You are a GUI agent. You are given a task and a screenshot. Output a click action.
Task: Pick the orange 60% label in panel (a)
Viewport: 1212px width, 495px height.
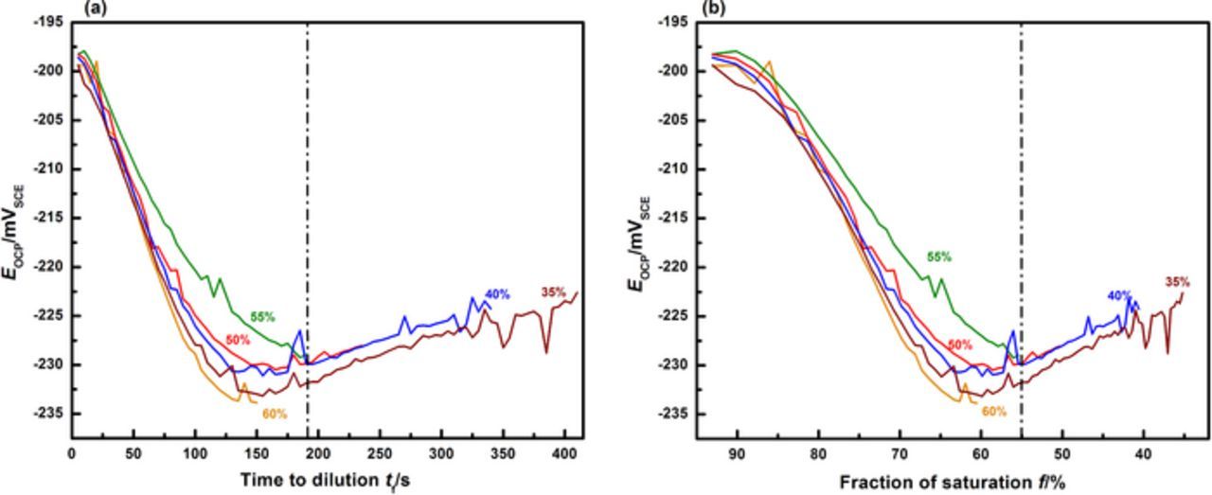(x=276, y=414)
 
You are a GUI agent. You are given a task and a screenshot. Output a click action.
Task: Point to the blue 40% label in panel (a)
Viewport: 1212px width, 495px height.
(x=497, y=294)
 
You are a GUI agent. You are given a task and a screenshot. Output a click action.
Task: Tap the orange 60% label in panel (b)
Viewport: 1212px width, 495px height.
(x=993, y=412)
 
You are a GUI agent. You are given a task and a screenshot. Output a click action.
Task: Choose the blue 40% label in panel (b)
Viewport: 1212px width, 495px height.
(x=1119, y=295)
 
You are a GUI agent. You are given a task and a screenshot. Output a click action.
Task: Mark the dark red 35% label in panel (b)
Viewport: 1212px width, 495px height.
(x=1177, y=281)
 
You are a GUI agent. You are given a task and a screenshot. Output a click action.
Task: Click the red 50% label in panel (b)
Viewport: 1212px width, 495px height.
(x=960, y=345)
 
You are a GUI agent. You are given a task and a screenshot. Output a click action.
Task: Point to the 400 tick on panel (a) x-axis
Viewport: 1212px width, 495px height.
(x=564, y=453)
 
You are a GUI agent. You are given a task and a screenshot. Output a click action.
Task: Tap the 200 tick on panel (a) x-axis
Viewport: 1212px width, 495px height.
(x=318, y=453)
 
